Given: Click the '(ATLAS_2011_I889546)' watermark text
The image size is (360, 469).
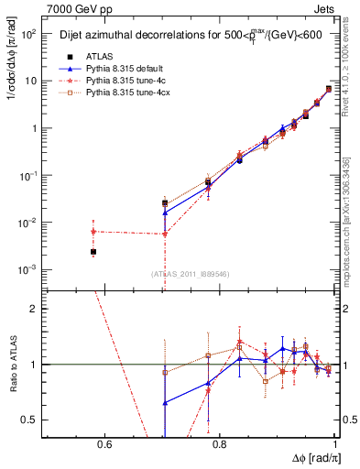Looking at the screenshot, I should (191, 273).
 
